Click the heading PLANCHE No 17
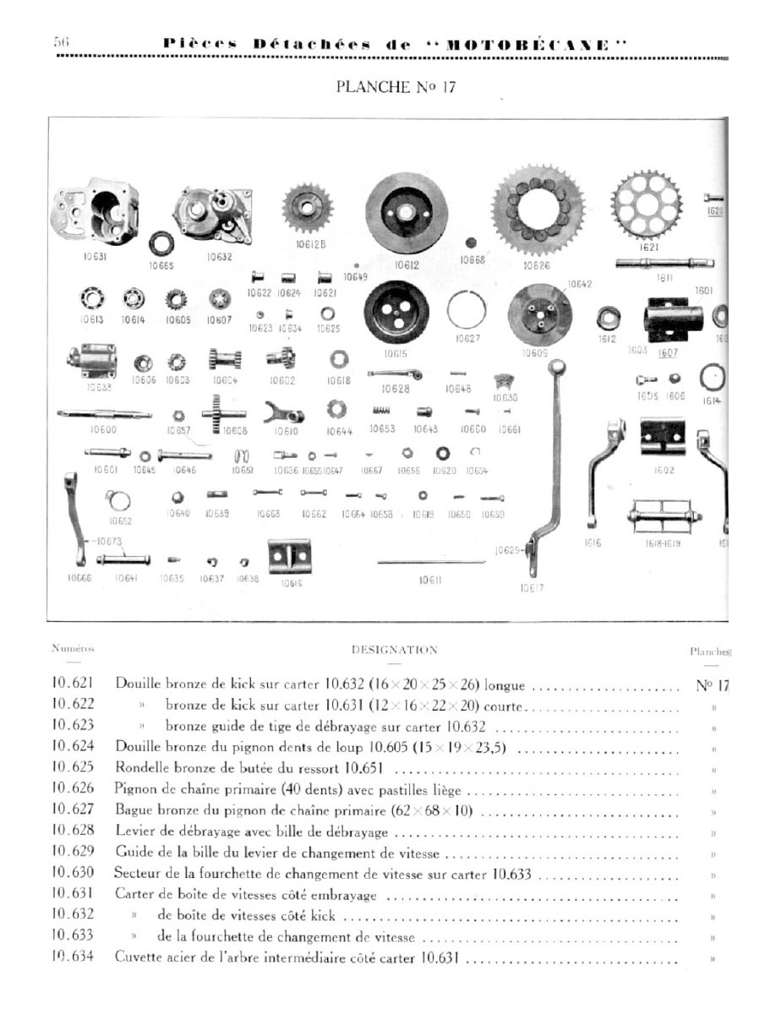(396, 87)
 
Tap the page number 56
(62, 43)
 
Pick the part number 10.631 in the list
(72, 894)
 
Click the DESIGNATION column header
(394, 650)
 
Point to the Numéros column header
(73, 649)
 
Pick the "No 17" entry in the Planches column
(712, 684)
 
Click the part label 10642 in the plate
(579, 285)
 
